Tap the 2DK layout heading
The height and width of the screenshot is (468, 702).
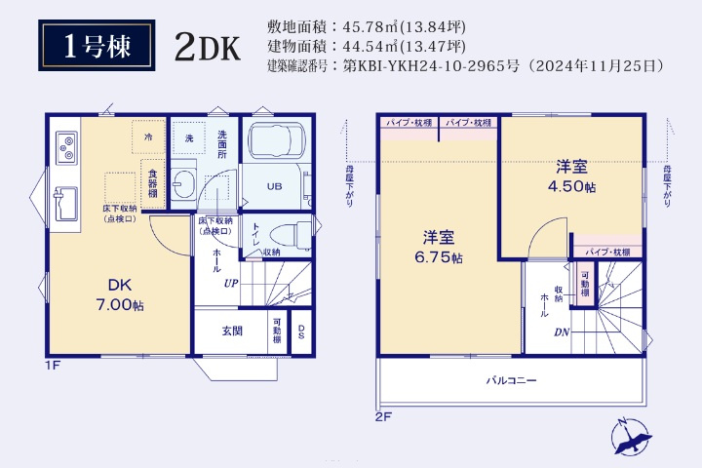point(207,48)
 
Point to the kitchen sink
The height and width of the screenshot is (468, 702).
point(66,203)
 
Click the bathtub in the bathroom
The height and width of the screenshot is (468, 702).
point(276,143)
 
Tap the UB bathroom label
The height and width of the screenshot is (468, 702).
point(275,186)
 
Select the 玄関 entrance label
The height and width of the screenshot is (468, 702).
point(231,331)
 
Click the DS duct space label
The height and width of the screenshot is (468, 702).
point(301,332)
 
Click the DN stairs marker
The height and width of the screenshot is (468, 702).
point(563,332)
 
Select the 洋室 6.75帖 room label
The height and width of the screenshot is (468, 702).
point(437,247)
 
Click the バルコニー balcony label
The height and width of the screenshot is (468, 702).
point(512,380)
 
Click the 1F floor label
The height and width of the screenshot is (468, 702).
point(53,366)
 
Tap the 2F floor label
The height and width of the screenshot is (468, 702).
point(383,416)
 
